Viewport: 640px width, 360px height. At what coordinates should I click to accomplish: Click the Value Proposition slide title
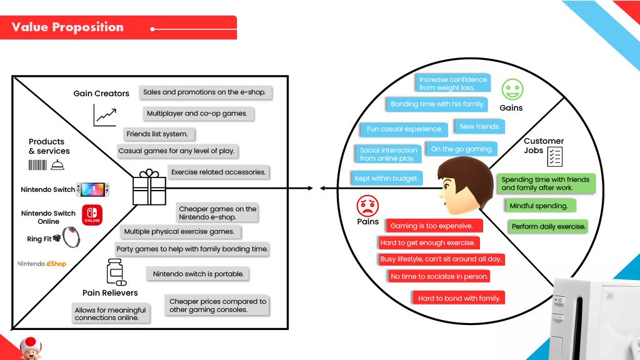coord(67,27)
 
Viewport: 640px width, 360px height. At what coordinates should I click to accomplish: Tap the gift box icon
coord(149,187)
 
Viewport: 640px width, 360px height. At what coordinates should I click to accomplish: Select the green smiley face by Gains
coord(512,89)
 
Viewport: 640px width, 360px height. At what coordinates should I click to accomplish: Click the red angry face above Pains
coord(367,205)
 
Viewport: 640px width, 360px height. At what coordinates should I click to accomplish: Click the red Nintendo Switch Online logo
coord(92,215)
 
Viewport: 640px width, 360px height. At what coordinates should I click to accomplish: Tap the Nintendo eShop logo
coord(42,264)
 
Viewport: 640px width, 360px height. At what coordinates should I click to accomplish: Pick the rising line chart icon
coord(105,114)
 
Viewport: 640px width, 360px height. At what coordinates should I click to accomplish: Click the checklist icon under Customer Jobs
coord(554,157)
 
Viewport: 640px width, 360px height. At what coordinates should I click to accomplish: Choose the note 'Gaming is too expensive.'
coord(431,226)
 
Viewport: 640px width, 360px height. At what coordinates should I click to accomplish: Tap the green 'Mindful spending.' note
coord(539,206)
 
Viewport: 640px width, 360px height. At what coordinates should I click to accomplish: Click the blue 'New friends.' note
coord(479,127)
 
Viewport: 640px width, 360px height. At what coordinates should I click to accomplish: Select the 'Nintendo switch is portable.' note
coord(198,274)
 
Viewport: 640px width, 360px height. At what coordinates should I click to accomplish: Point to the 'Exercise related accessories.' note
coord(218,172)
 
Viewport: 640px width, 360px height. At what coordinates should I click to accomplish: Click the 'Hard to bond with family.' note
coord(459,298)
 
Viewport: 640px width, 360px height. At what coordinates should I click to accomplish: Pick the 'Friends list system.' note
coord(157,134)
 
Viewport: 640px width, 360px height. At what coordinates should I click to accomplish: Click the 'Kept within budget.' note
coord(386,178)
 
